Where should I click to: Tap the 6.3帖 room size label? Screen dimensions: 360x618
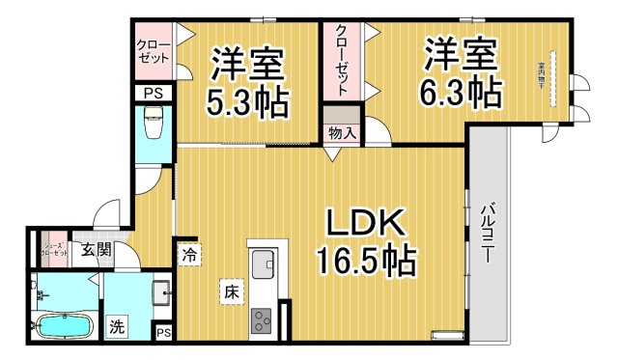461,93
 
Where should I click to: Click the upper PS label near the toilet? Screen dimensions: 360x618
153,94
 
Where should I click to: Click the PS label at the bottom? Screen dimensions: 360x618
163,333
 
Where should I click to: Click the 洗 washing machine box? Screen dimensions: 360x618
116,326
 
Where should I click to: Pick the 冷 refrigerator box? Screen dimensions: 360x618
189,257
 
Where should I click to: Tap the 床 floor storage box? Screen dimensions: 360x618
232,291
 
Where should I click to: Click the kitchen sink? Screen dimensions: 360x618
263,262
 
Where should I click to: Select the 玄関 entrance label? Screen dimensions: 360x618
94,251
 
